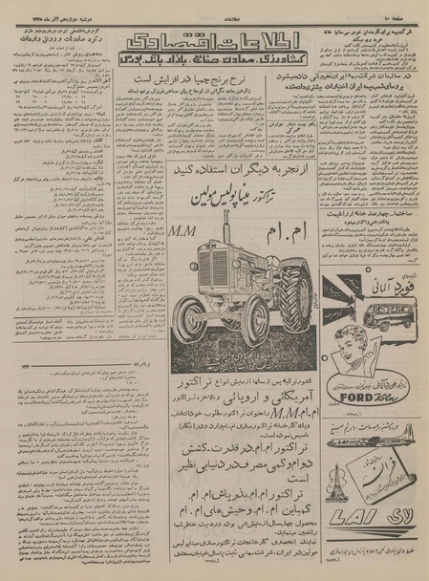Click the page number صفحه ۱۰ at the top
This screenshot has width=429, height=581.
(x=400, y=11)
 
